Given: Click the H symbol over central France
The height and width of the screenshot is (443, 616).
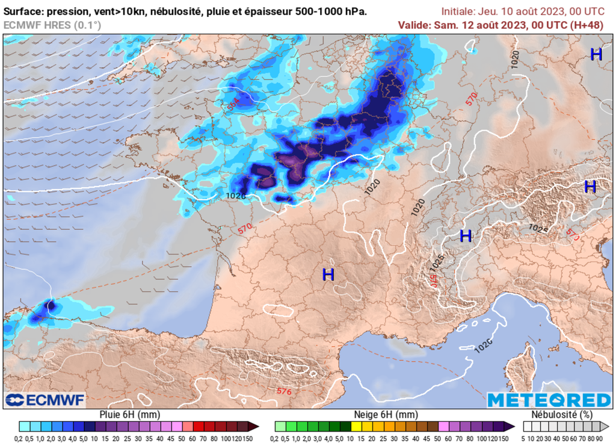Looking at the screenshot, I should (x=328, y=275).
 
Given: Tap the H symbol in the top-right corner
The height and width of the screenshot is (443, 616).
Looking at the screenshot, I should (x=596, y=54).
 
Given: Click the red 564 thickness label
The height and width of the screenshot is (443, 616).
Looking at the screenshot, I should (x=233, y=104).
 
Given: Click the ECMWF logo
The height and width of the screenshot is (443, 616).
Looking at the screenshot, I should (x=46, y=400).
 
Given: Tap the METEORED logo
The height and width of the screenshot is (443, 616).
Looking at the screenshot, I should (x=549, y=400).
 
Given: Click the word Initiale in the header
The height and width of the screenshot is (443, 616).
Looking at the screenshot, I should (x=458, y=11).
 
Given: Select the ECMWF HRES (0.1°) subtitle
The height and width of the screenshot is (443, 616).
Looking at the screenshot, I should (x=52, y=25).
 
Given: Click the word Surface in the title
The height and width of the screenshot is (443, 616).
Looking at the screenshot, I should (x=23, y=11).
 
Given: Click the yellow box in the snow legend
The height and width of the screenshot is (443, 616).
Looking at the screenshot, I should (x=357, y=426).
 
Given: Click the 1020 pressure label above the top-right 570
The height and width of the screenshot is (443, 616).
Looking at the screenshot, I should (x=515, y=58).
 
